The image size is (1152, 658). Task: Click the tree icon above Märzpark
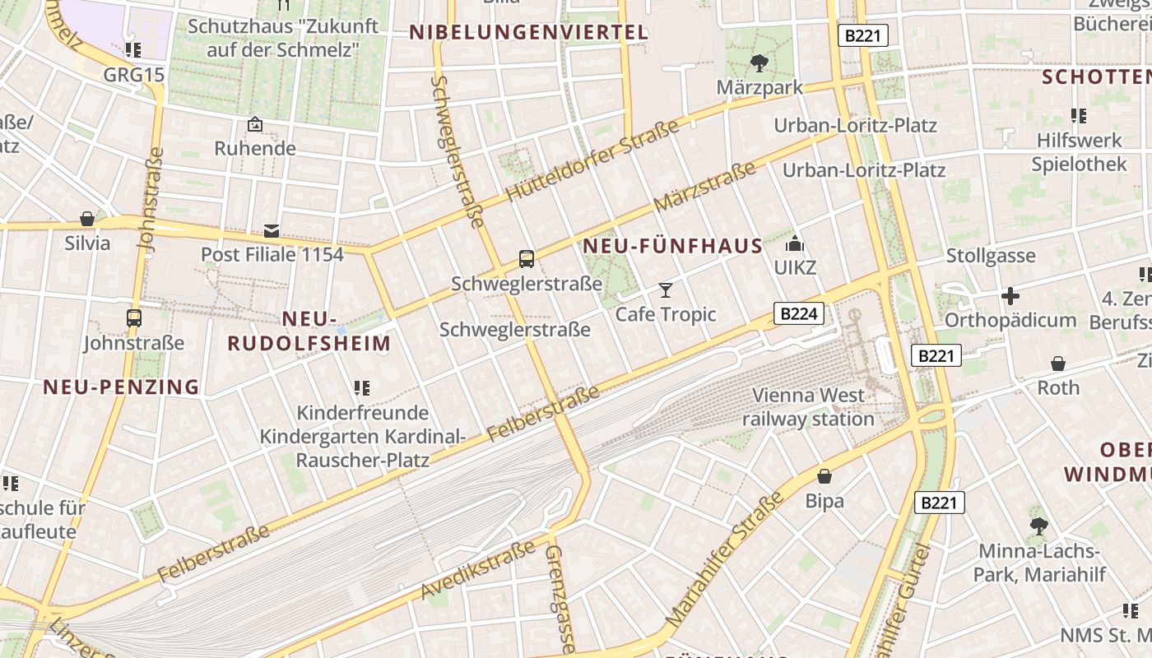coord(759,63)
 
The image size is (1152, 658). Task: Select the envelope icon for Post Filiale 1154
coord(272,230)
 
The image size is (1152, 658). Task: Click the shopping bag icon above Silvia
coord(87,219)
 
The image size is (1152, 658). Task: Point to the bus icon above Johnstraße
coord(133,317)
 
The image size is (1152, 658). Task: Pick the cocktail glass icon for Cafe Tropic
coord(666,290)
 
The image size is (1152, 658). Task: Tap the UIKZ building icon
coord(794,243)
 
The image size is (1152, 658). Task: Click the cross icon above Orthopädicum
coord(1010,295)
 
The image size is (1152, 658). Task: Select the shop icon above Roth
coord(1058,363)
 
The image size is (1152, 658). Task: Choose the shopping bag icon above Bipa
coord(825,476)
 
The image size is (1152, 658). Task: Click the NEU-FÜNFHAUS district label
coord(673,247)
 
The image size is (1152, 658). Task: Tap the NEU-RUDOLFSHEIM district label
coord(309,331)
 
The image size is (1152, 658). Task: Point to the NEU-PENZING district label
coord(122,387)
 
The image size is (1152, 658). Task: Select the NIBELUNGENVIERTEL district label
coord(529,33)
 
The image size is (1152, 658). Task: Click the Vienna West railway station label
coord(808,407)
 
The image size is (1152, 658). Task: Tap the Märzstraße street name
coord(704,187)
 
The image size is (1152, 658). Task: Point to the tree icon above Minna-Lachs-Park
coord(1038,526)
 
